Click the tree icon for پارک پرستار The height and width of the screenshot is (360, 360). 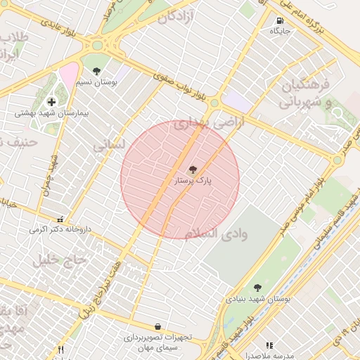[x=193, y=169]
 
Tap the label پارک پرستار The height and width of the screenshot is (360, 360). [x=193, y=181]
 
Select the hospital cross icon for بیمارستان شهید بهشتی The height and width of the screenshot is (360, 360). [x=51, y=102]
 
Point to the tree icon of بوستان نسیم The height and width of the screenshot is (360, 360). [x=96, y=70]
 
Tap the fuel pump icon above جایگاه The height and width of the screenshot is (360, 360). [x=281, y=20]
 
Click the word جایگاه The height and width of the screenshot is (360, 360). [x=280, y=31]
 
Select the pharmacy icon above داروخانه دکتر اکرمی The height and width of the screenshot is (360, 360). [x=60, y=219]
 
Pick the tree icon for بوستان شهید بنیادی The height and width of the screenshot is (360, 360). [x=258, y=287]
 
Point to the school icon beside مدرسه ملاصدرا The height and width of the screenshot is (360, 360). [x=269, y=345]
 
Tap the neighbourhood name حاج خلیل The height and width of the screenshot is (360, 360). [x=60, y=260]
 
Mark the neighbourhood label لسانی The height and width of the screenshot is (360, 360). [x=109, y=144]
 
